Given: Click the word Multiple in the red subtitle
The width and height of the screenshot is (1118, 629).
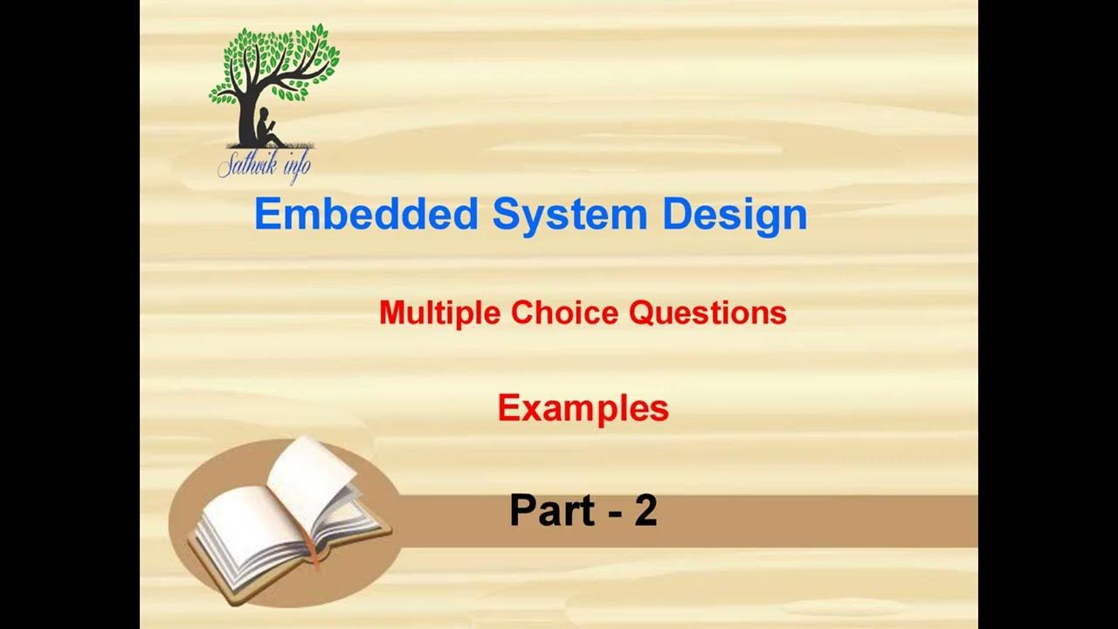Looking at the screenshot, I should click(x=441, y=313).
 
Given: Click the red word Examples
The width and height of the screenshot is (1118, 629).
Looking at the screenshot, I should click(x=583, y=408).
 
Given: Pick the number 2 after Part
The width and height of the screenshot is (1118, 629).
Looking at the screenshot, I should click(x=645, y=511).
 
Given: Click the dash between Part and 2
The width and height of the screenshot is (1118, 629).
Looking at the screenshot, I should click(x=608, y=514).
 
